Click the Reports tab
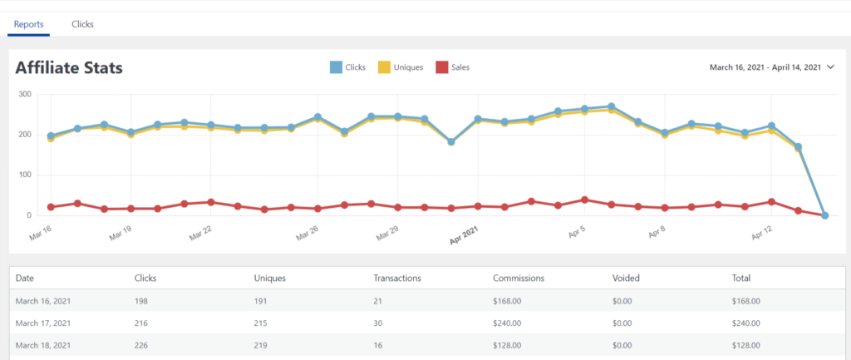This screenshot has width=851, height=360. [x=29, y=24]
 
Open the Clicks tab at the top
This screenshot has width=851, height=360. [x=82, y=24]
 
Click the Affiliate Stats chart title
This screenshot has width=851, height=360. [x=69, y=67]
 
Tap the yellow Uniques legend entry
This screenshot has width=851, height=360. [x=403, y=67]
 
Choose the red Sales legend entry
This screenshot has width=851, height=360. [x=453, y=67]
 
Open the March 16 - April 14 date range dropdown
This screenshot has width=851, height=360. [x=772, y=67]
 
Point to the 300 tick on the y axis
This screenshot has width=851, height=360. [x=24, y=94]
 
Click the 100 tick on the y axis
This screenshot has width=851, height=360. [x=24, y=175]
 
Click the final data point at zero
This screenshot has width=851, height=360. [x=824, y=215]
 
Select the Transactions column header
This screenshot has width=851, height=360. [x=397, y=278]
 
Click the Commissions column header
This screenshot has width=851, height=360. [x=518, y=278]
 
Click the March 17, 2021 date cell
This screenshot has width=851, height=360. [x=42, y=323]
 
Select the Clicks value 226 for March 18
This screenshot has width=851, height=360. [x=140, y=345]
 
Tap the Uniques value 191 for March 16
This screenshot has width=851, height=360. [x=260, y=300]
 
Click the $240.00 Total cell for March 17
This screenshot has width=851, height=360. [x=747, y=323]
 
